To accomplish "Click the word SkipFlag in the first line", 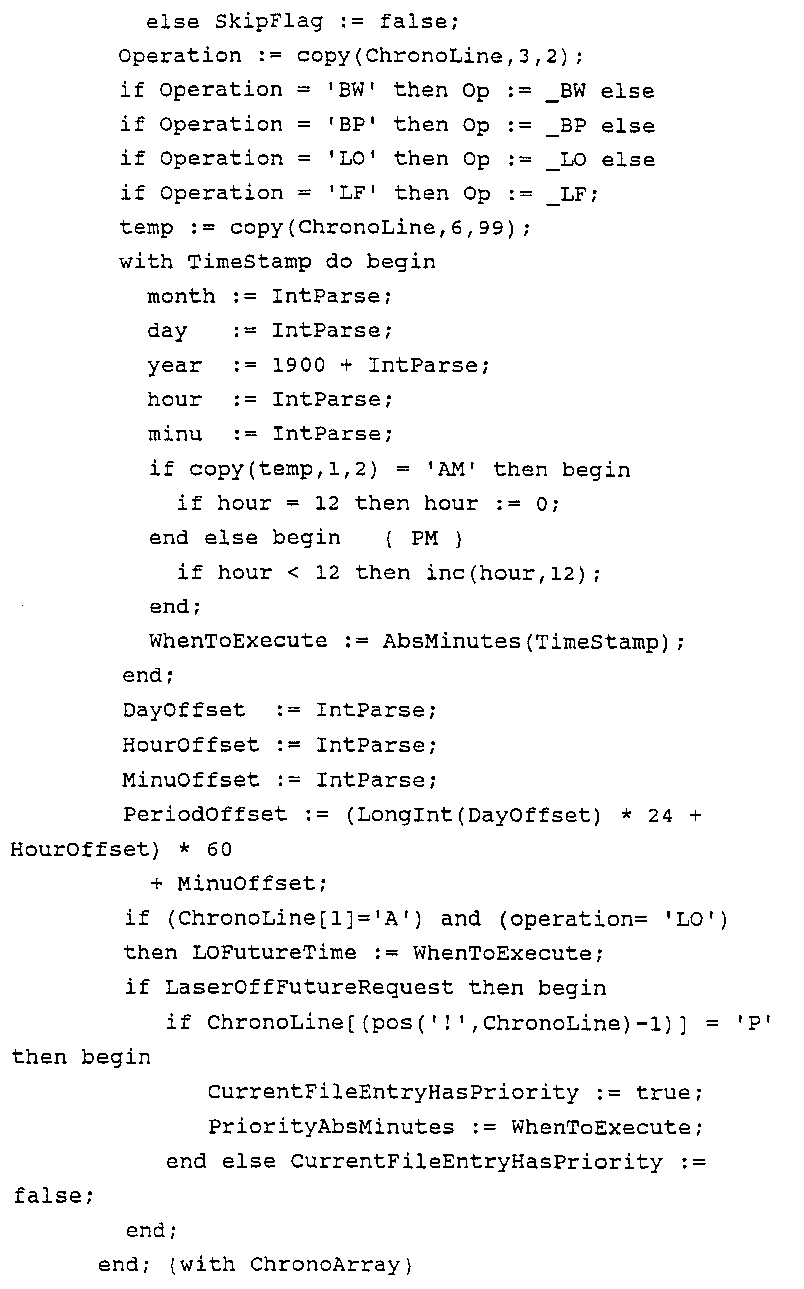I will click(268, 22).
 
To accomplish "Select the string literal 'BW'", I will click(351, 90).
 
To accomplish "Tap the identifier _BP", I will click(566, 126).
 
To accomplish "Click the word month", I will click(181, 296).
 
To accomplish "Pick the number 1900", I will click(298, 365).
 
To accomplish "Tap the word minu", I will click(175, 434).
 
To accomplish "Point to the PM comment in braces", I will click(424, 538).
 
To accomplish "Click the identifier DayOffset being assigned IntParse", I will click(183, 710).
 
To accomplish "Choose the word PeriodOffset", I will click(205, 814).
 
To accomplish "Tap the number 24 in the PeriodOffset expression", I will click(660, 815).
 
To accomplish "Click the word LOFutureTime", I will click(274, 952).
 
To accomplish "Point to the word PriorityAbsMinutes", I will click(331, 1127).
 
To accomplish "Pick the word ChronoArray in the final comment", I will click(325, 1264).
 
